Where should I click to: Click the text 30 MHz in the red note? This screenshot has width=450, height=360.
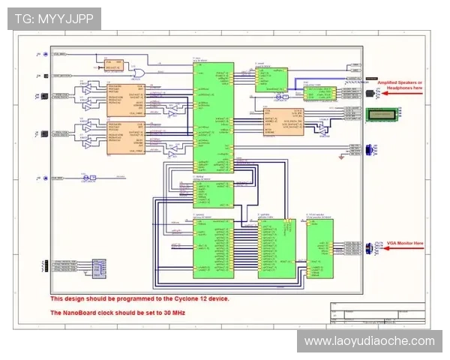click(171, 312)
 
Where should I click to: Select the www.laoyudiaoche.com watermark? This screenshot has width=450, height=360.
click(369, 341)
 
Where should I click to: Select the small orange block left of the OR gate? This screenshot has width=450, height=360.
click(113, 65)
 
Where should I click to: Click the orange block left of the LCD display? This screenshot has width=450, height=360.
click(283, 121)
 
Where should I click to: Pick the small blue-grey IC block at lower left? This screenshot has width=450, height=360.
click(97, 267)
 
